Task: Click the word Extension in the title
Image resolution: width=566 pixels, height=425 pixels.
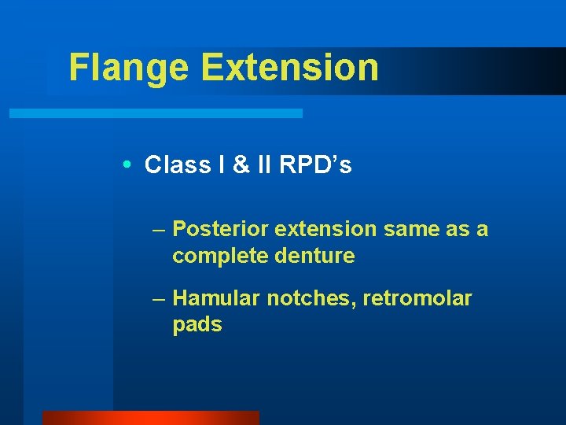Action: (x=290, y=68)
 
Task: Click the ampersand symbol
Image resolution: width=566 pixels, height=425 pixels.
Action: (x=241, y=165)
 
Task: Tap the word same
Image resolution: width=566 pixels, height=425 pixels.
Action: (x=406, y=229)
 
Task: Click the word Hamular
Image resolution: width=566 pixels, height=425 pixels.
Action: (x=216, y=298)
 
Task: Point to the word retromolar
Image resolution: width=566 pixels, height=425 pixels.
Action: (x=417, y=298)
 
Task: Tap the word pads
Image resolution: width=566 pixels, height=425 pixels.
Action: (x=197, y=325)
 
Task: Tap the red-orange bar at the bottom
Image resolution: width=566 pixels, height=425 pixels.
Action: (x=150, y=417)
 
